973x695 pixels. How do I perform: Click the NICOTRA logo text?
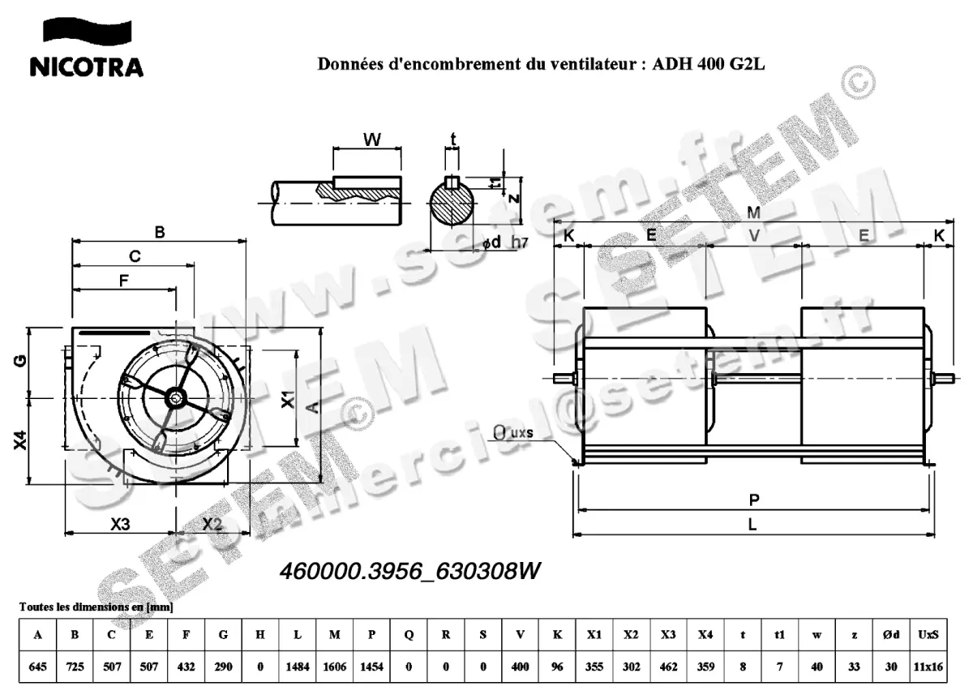(86, 66)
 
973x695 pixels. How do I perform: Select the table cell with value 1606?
(334, 666)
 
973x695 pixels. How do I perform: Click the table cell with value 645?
(37, 666)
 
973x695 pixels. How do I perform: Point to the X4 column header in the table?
(705, 635)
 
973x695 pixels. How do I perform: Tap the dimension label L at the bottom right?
(752, 525)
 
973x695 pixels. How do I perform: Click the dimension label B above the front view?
(160, 232)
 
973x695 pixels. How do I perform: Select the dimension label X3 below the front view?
(120, 524)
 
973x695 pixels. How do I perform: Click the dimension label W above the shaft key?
(371, 139)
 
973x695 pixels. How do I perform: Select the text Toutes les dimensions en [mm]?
(96, 607)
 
